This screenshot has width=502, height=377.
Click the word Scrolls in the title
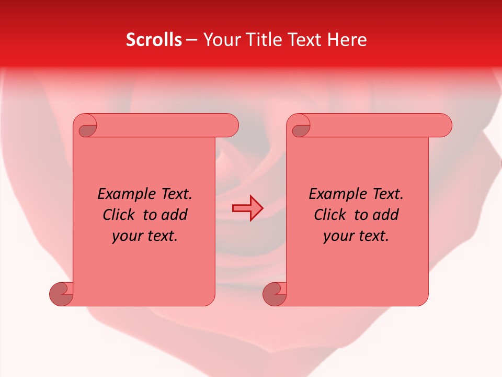point(154,39)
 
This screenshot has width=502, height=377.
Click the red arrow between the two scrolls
point(247,208)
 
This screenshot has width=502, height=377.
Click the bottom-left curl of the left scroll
point(60,294)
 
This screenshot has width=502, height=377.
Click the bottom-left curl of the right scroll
point(273,294)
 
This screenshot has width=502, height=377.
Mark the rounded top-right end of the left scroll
point(230,126)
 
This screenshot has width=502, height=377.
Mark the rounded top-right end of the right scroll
point(443,126)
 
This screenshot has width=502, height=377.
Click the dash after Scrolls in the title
point(191,40)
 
